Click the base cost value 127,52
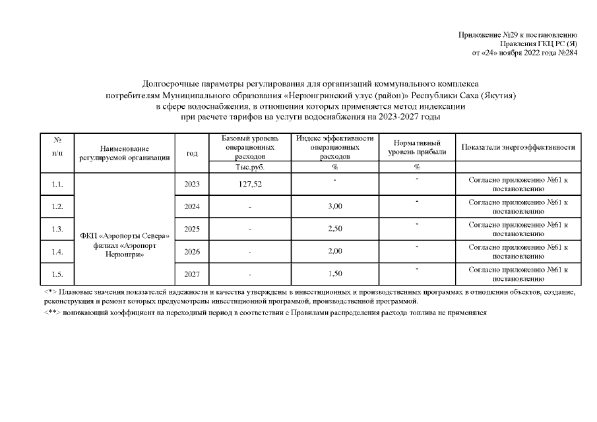[x=250, y=185]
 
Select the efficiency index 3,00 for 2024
[x=334, y=207]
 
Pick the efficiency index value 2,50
[x=334, y=229]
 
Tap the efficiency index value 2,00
[x=334, y=252]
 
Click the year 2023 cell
[x=192, y=184]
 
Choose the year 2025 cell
[x=192, y=229]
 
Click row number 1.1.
[x=57, y=184]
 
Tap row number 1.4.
[x=57, y=252]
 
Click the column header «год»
[x=192, y=154]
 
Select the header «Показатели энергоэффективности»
[x=518, y=147]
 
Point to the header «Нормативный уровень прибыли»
[x=417, y=148]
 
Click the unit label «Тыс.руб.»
[x=250, y=167]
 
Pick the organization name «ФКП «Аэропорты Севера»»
[x=125, y=236]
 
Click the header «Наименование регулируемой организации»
[x=125, y=154]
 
